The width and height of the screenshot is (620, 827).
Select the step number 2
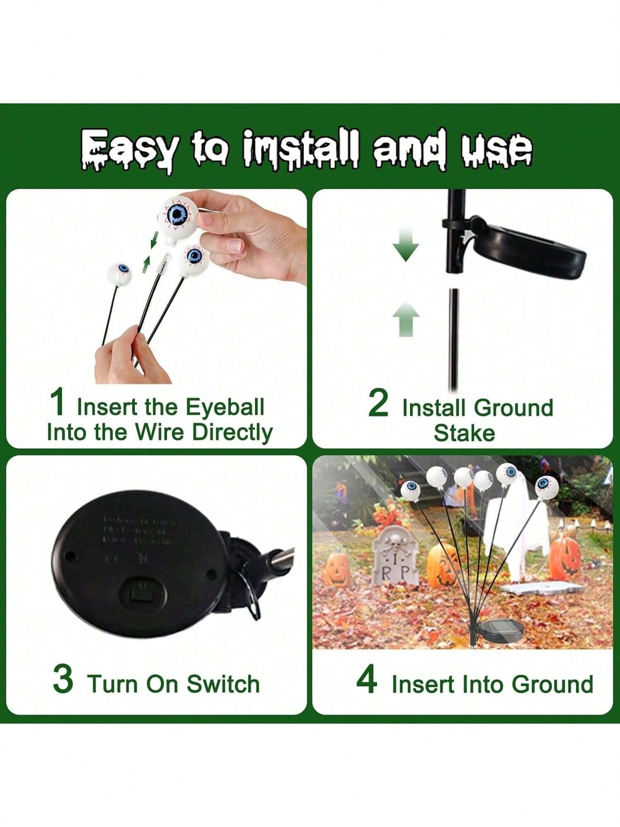378,403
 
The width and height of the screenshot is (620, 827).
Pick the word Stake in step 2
464,433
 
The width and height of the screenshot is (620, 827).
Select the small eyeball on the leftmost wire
119,271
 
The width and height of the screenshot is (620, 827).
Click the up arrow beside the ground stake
406,318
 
